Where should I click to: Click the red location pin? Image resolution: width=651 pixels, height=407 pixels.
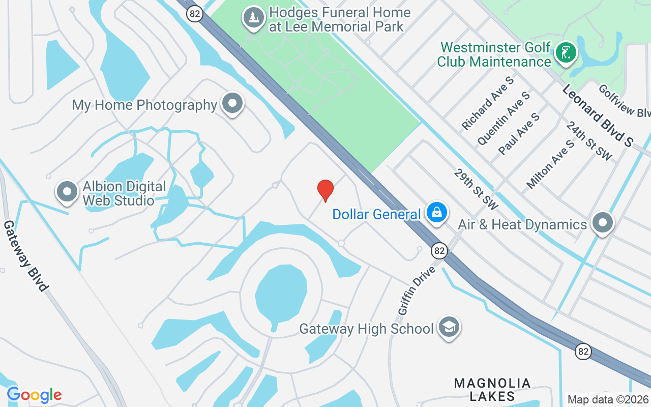[x=325, y=190]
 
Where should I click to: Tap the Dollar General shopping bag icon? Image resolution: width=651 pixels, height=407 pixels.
[x=436, y=213]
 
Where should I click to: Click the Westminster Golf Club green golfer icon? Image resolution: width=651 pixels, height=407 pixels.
[x=565, y=52]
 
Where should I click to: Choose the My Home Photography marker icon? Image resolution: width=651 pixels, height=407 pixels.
[x=233, y=103]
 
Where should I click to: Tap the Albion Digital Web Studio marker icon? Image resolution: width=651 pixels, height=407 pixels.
[x=67, y=192]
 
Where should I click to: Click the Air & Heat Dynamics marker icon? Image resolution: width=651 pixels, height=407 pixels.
[x=603, y=223]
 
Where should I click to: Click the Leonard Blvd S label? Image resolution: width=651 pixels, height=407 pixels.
[x=597, y=115]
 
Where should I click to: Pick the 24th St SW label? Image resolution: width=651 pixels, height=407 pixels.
[x=589, y=141]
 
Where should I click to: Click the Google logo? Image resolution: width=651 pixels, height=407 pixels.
[x=34, y=394]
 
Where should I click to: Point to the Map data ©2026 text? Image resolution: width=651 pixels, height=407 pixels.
[x=608, y=400]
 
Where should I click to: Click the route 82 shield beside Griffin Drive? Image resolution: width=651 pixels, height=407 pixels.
[x=439, y=250]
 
